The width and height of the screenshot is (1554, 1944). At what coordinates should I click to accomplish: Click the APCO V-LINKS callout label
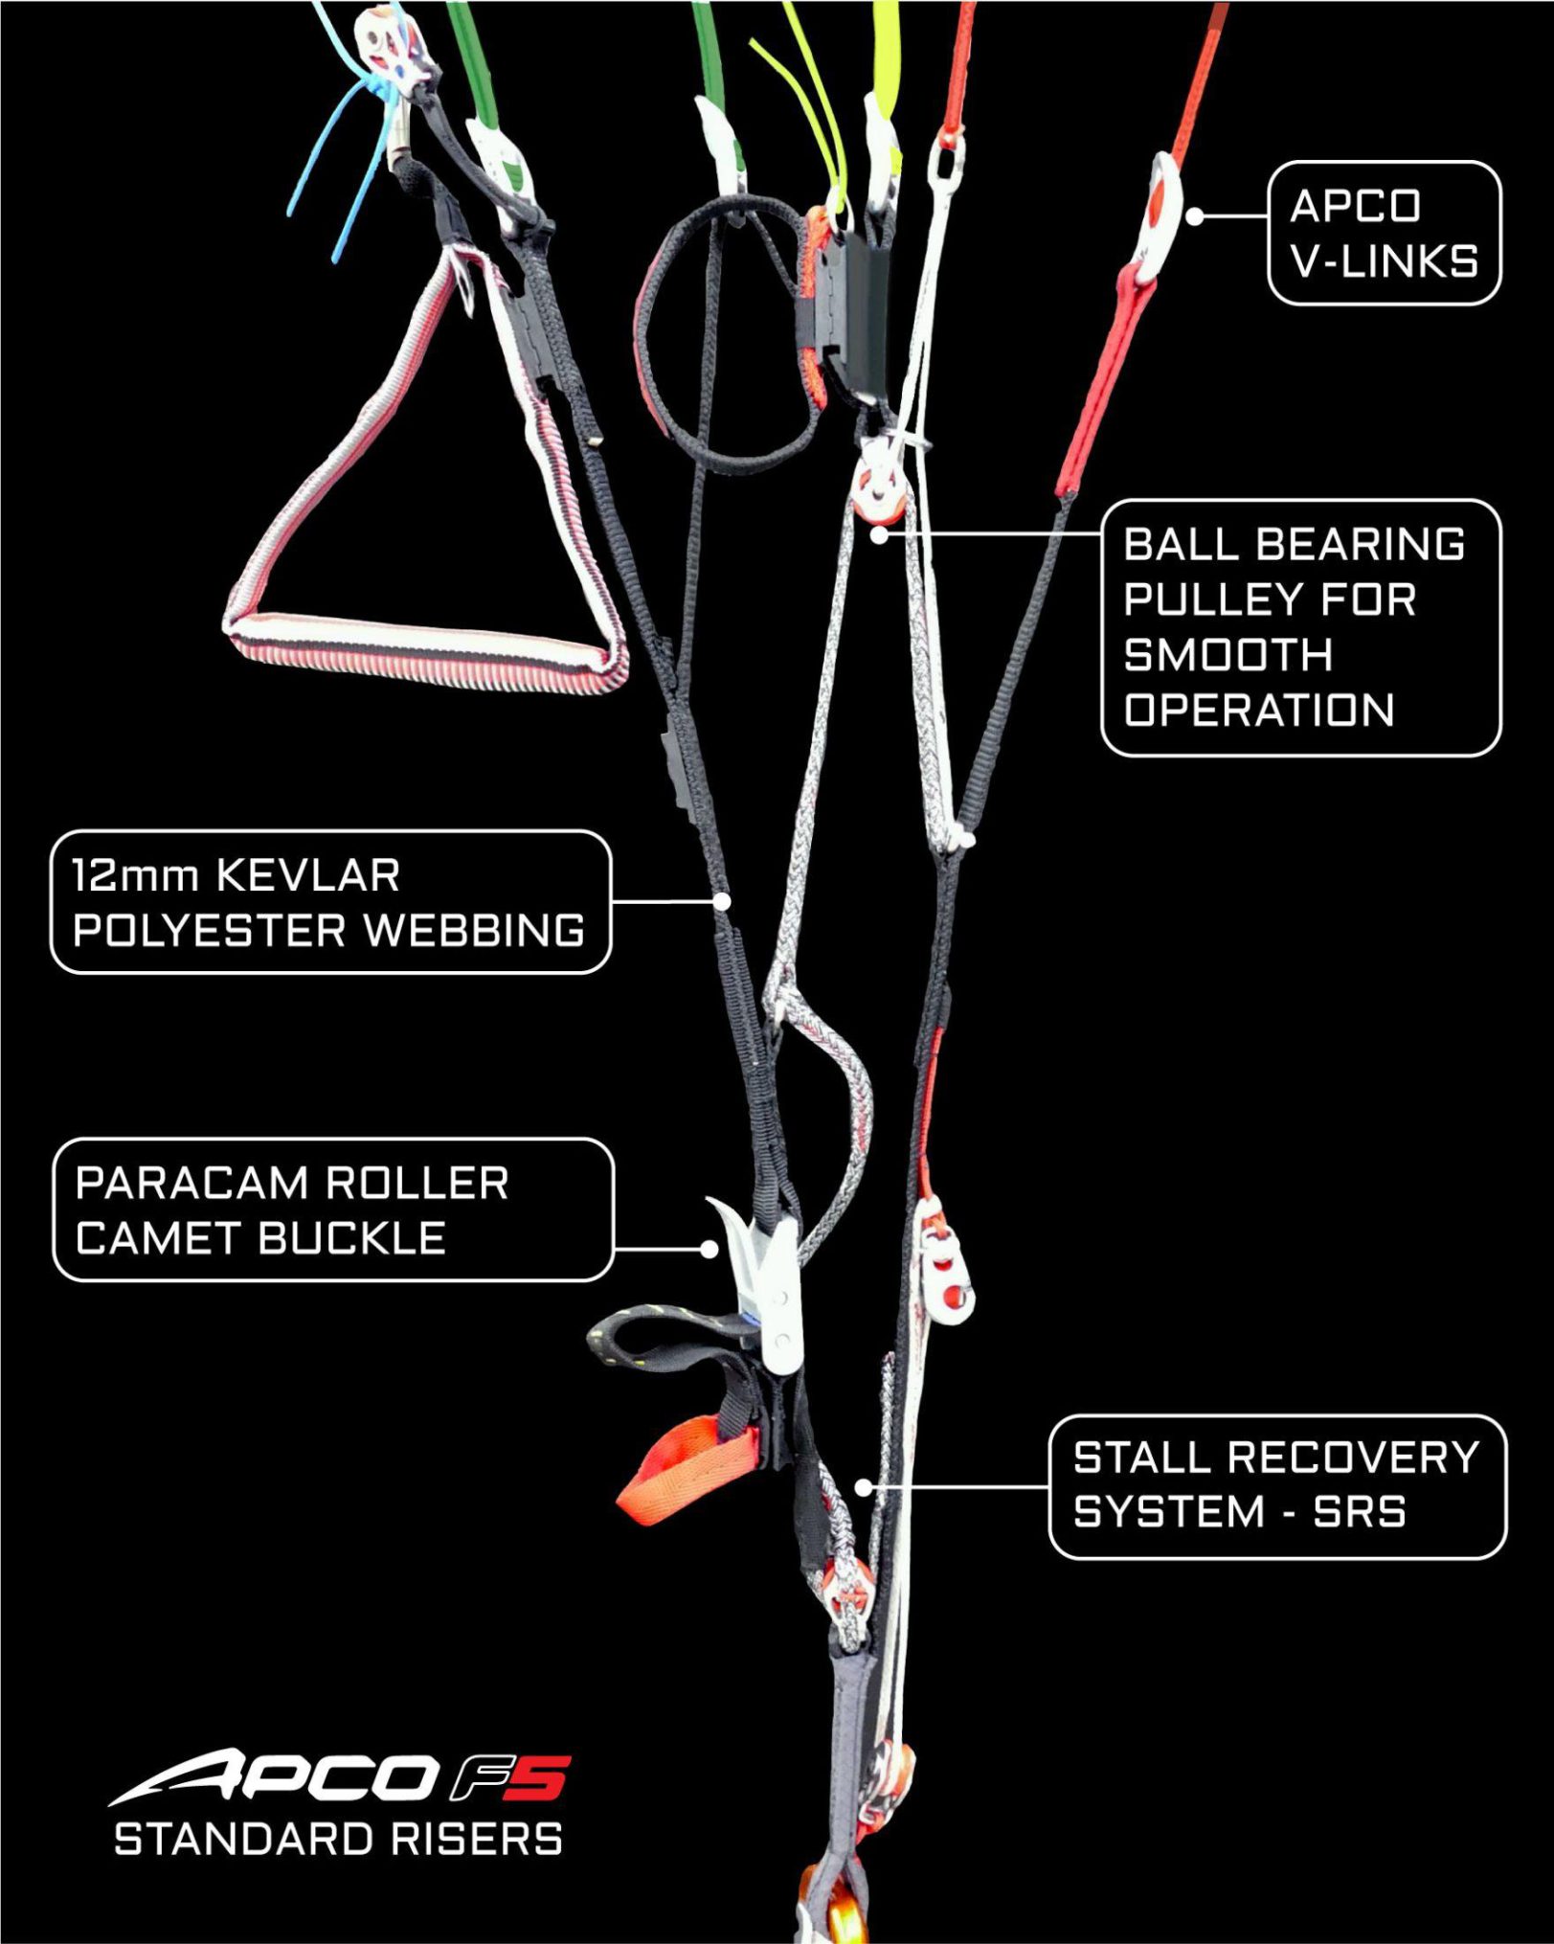[x=1384, y=234]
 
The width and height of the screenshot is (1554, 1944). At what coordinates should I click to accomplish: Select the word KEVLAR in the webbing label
[x=308, y=875]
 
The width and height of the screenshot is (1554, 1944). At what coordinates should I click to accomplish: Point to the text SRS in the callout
[x=1359, y=1512]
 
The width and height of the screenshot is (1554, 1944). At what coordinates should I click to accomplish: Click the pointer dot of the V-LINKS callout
[x=1194, y=216]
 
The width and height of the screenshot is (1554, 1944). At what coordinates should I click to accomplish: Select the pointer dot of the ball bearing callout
[x=878, y=535]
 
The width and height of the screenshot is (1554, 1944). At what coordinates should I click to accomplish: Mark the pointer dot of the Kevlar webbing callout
[x=723, y=901]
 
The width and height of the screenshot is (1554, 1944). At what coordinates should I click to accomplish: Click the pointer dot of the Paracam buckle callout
[x=709, y=1249]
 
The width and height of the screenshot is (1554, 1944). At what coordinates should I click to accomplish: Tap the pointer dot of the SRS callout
[x=863, y=1487]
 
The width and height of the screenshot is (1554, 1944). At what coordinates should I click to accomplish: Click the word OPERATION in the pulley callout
[x=1258, y=711]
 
